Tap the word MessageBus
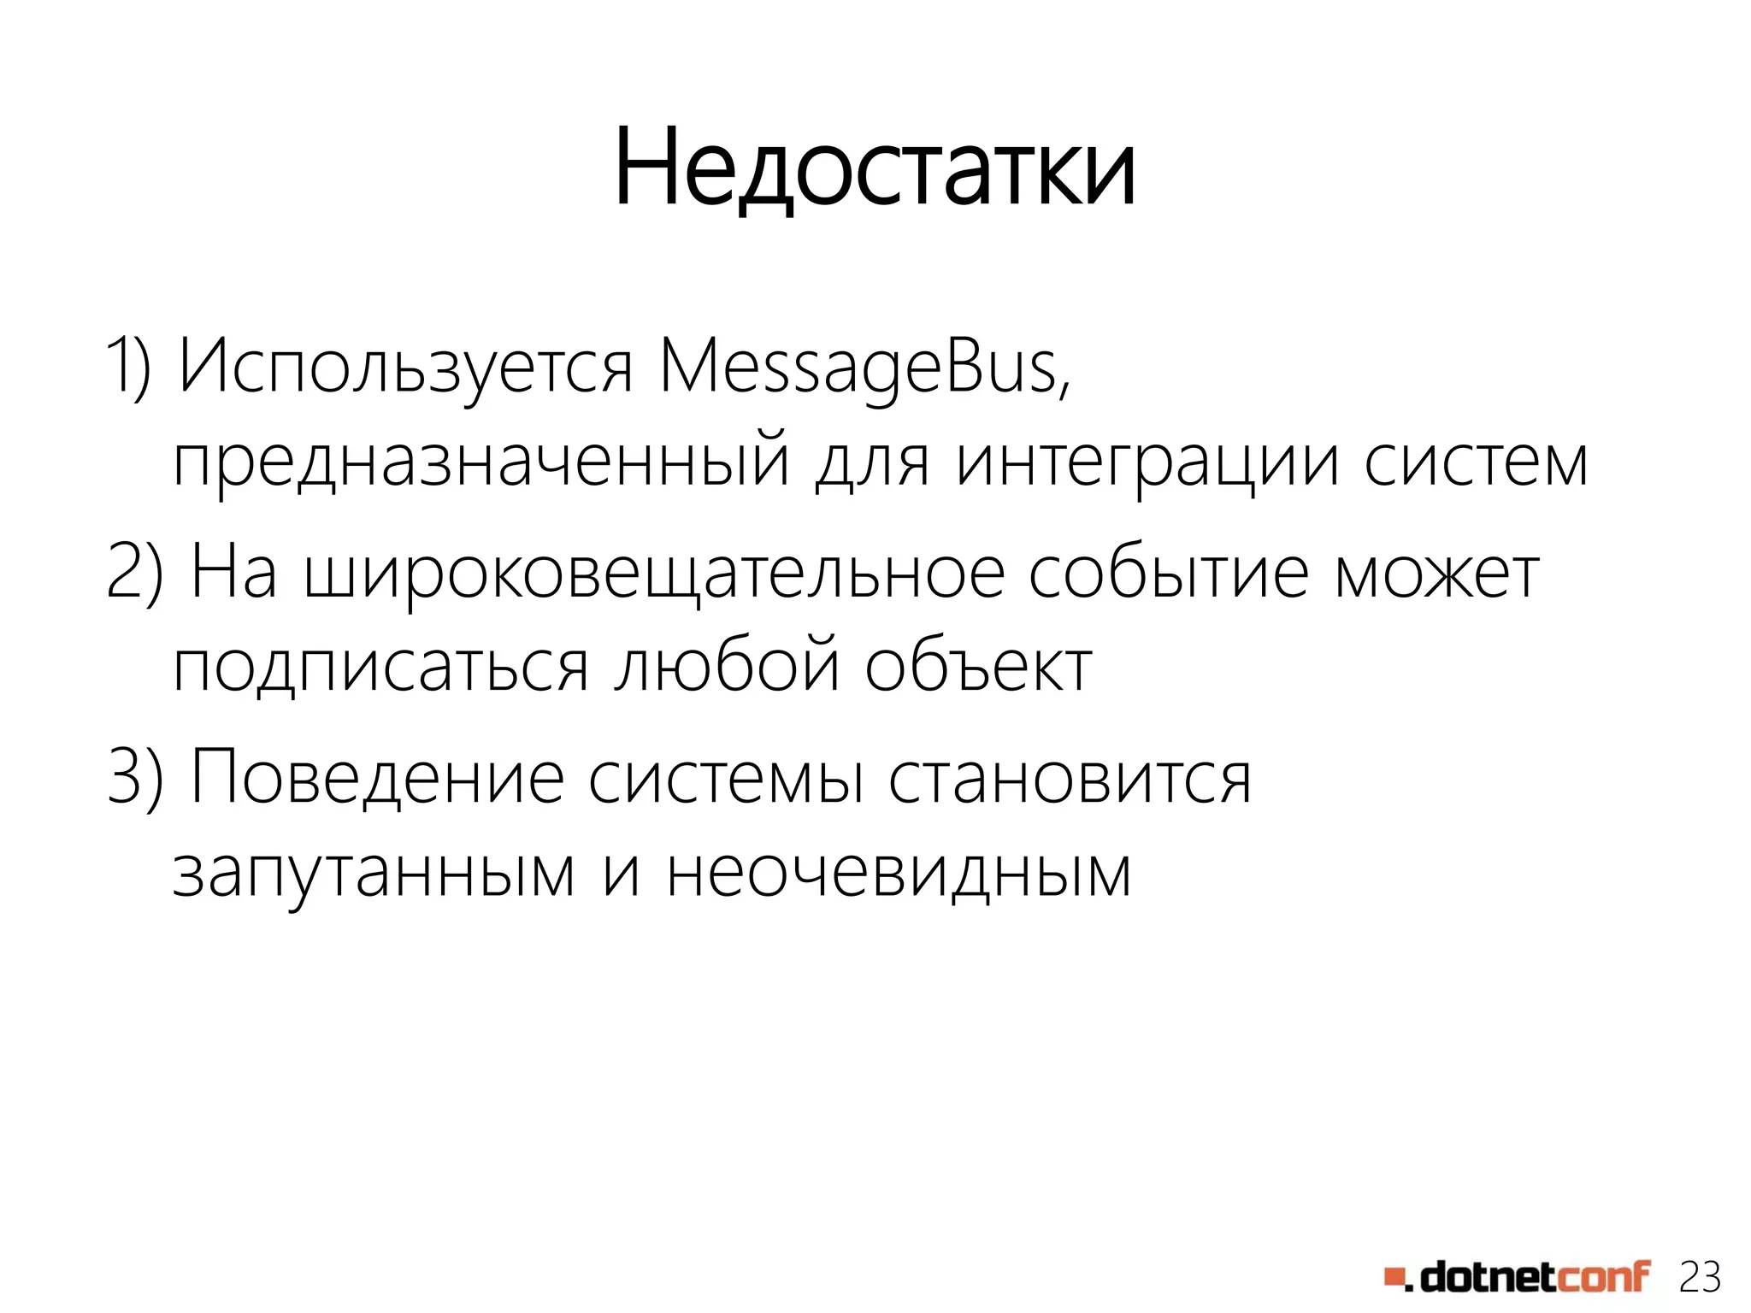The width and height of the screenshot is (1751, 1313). pyautogui.click(x=864, y=368)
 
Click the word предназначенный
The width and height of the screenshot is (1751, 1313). pyautogui.click(x=480, y=463)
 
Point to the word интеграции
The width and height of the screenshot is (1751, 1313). pyautogui.click(x=1147, y=463)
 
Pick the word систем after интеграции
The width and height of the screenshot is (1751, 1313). pyautogui.click(x=1475, y=462)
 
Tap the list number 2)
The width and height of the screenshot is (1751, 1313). pyautogui.click(x=135, y=573)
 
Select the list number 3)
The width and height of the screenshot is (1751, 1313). pyautogui.click(x=135, y=776)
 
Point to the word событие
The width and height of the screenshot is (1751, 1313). pyautogui.click(x=1168, y=573)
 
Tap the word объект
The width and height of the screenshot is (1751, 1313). pyautogui.click(x=978, y=667)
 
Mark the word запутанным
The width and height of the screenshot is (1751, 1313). pyautogui.click(x=374, y=874)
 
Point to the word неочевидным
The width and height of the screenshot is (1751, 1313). pyautogui.click(x=899, y=872)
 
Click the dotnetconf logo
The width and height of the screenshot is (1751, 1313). pyautogui.click(x=1517, y=1276)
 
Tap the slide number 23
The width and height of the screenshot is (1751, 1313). pyautogui.click(x=1700, y=1277)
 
